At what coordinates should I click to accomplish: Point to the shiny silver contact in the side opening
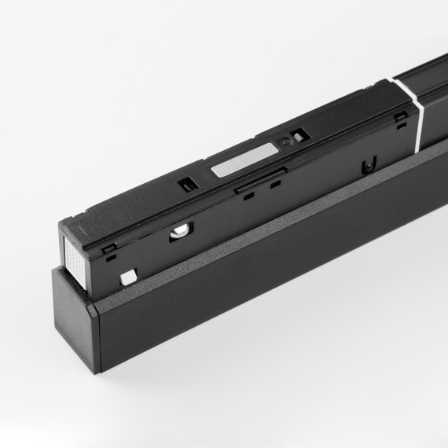pyautogui.click(x=181, y=230)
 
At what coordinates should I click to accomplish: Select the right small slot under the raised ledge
pyautogui.click(x=274, y=187)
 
